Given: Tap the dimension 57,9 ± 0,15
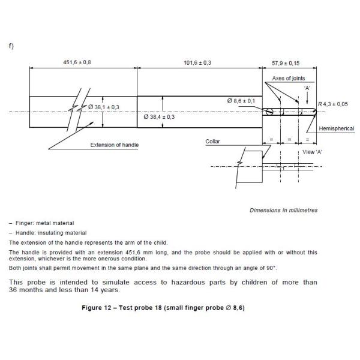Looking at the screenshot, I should point(285,62).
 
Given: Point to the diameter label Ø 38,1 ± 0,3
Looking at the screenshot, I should point(104,107).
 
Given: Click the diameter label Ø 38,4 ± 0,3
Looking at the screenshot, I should point(160,117).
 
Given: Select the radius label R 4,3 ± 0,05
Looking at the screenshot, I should point(332,104).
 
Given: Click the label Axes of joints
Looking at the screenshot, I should point(289,79).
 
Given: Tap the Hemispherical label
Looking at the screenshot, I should point(336,128).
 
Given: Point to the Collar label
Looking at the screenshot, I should point(213,142).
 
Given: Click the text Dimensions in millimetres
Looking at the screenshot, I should point(284,211).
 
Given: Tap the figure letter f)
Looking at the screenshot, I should point(12,46).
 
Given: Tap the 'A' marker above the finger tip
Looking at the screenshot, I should point(307,88).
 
